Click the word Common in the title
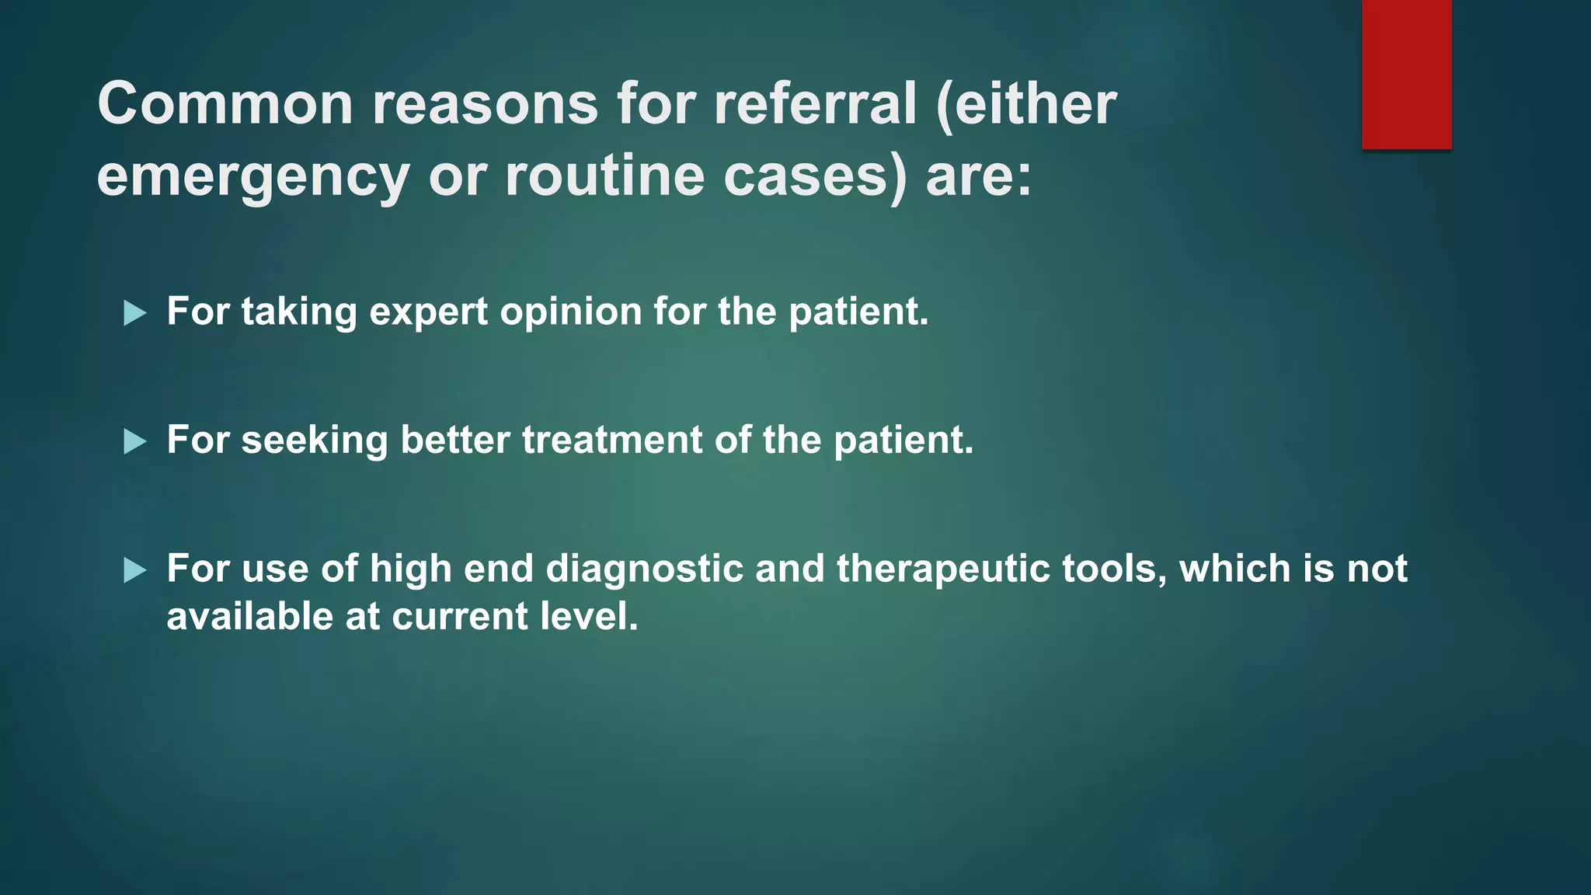pyautogui.click(x=225, y=104)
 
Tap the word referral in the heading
pyautogui.click(x=815, y=104)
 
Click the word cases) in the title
pyautogui.click(x=815, y=176)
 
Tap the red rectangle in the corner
pyautogui.click(x=1406, y=74)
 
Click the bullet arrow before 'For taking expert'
pyautogui.click(x=135, y=314)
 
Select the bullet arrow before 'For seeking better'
pyautogui.click(x=135, y=442)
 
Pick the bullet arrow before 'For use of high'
pyautogui.click(x=135, y=571)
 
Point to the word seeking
pyautogui.click(x=314, y=441)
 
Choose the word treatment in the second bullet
pyautogui.click(x=612, y=441)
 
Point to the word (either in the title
pyautogui.click(x=1027, y=104)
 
